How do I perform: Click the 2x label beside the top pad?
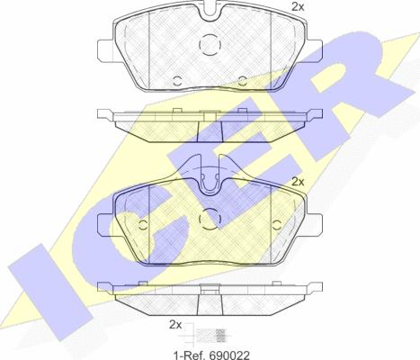298,7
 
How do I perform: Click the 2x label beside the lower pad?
298,182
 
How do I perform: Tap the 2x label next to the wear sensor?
175,325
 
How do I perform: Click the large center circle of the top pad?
210,45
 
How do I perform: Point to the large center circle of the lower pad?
210,219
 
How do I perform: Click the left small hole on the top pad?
178,80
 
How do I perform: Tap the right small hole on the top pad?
242,80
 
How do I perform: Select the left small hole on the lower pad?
143,225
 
